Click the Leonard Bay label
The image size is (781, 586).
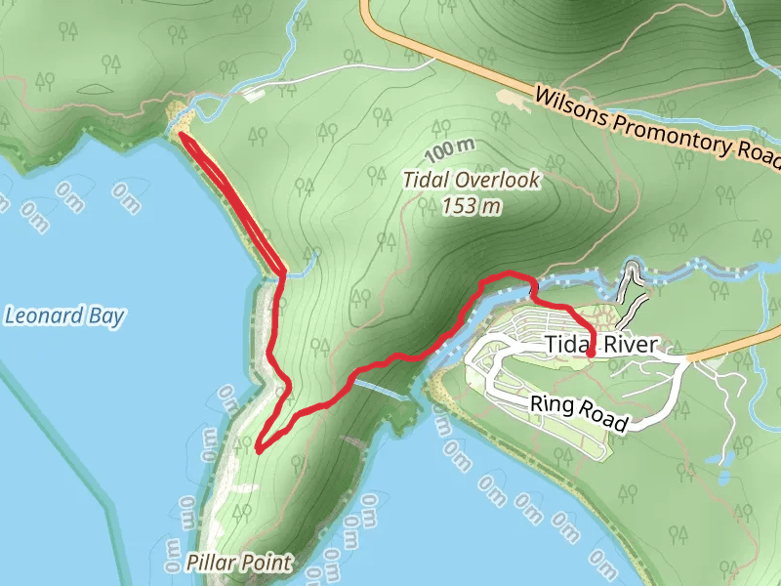click(64, 315)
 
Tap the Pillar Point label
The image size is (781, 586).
click(240, 563)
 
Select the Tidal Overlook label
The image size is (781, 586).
click(473, 182)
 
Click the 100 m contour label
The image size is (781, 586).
click(450, 151)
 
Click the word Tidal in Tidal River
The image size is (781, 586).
click(566, 345)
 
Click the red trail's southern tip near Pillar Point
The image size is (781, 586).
click(258, 449)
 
